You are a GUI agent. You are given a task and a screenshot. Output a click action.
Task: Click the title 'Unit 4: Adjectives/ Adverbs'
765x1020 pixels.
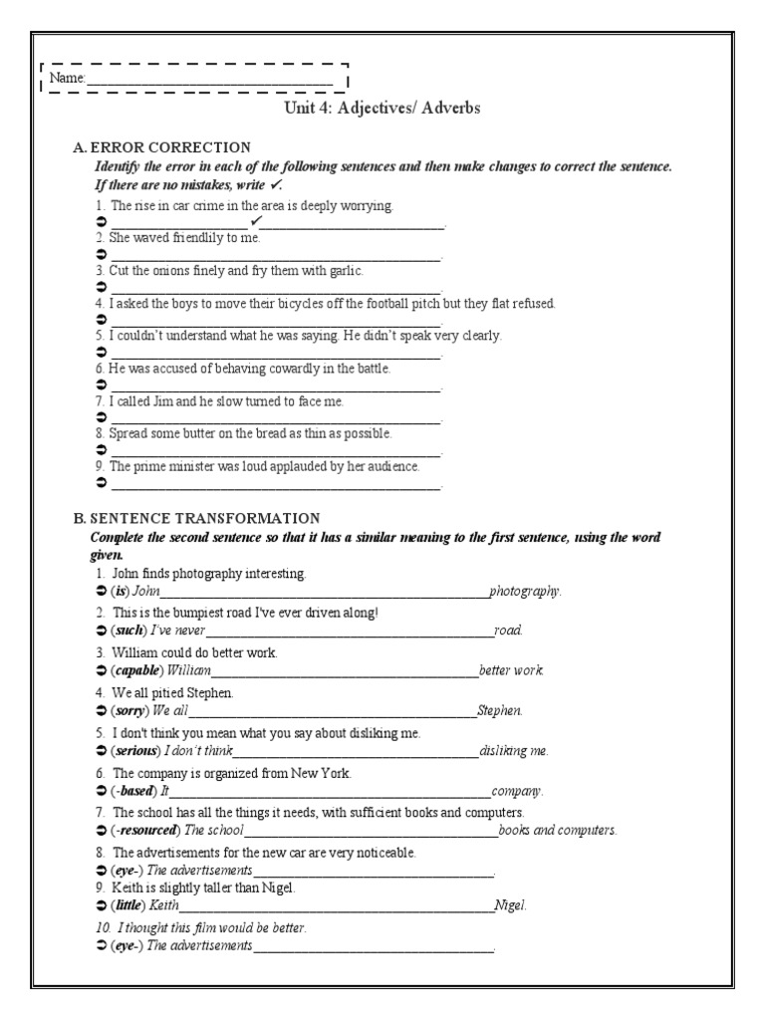[382, 108]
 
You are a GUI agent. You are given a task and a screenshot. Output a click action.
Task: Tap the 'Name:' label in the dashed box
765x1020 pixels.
[68, 78]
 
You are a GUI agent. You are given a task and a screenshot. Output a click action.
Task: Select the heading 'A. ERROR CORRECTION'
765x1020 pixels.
[161, 147]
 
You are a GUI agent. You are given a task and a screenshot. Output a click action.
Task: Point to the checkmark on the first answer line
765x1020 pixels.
[256, 220]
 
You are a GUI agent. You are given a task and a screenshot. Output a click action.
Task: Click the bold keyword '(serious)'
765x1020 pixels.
[135, 750]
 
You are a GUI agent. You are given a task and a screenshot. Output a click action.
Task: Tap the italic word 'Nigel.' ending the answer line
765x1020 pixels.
[510, 905]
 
